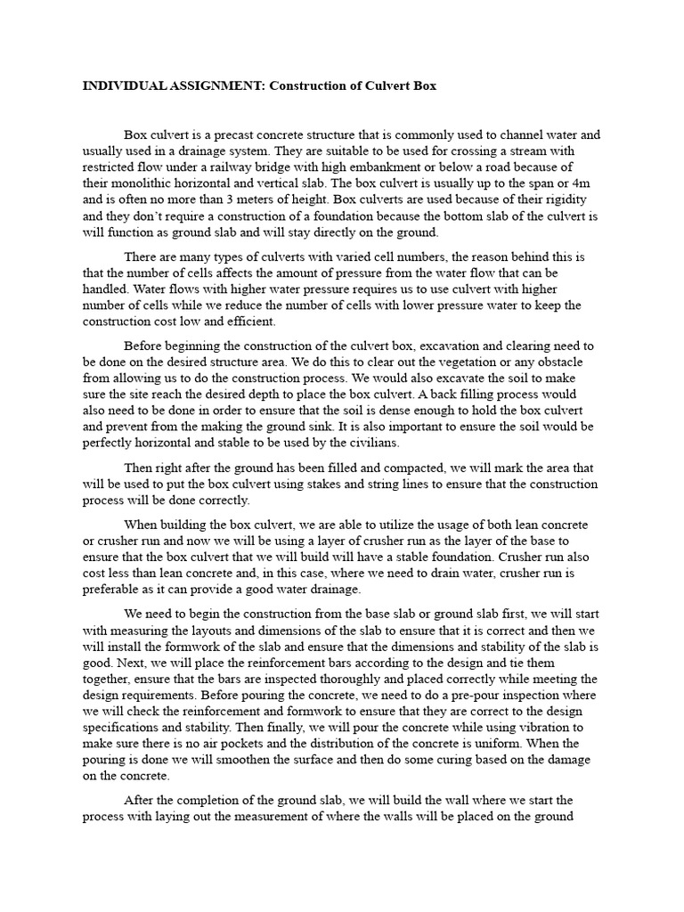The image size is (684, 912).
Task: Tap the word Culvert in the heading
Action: point(373,87)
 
